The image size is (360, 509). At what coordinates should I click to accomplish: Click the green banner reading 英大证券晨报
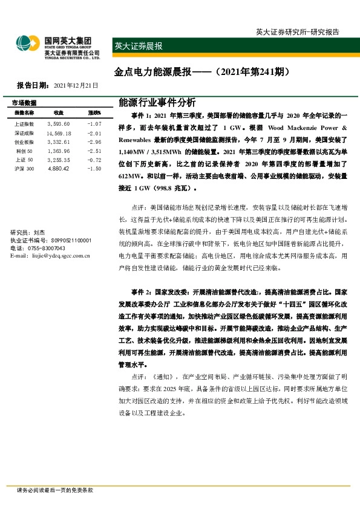tap(139, 45)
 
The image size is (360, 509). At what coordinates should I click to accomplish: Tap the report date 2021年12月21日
tap(76, 86)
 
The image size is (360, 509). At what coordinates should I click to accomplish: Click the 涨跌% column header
tap(94, 113)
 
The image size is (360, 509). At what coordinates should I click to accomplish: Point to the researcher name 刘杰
tap(39, 232)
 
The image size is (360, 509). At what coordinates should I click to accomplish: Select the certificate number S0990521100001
tap(67, 240)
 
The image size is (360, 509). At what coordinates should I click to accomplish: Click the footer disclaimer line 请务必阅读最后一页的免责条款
tap(55, 490)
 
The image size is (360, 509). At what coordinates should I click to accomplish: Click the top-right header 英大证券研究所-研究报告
tap(297, 31)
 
